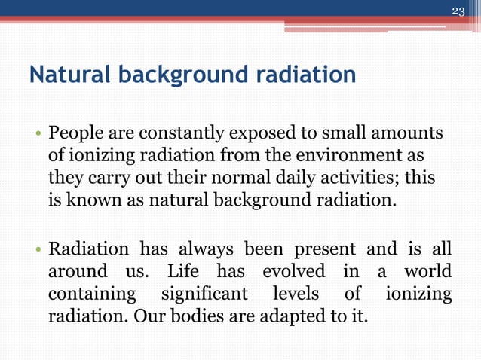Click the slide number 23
point(458,11)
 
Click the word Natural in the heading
point(64,76)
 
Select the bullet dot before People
point(37,136)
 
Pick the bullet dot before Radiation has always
point(37,249)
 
